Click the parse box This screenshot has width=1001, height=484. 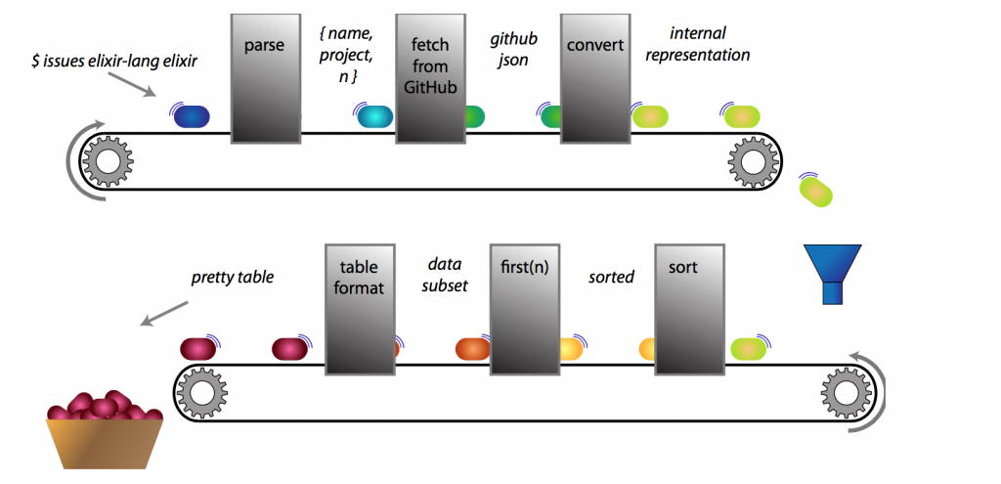point(265,78)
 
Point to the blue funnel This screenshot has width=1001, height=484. point(833,274)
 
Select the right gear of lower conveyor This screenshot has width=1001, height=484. point(844,393)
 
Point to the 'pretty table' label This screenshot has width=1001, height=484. point(232,277)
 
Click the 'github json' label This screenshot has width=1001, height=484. point(514,52)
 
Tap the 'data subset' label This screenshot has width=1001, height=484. point(448,275)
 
